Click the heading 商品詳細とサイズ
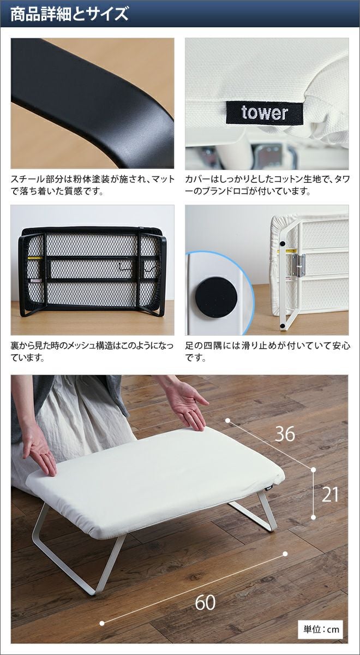click(x=69, y=14)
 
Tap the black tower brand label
click(x=265, y=114)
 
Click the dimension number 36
click(x=285, y=434)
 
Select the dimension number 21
click(x=330, y=495)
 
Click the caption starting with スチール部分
click(x=93, y=185)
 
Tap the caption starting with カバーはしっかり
click(x=267, y=185)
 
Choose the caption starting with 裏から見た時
click(x=92, y=351)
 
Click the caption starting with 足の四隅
click(x=268, y=351)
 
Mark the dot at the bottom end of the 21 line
click(x=314, y=517)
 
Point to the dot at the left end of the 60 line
click(x=102, y=623)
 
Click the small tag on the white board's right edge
click(x=269, y=487)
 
